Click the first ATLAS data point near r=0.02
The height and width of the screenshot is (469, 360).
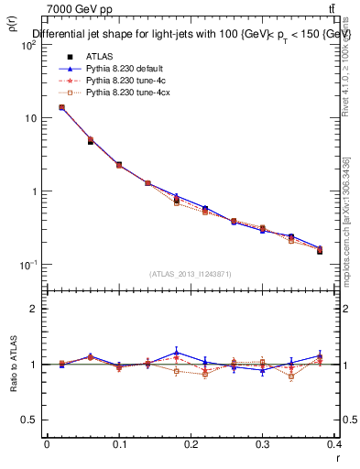pyautogui.click(x=61, y=107)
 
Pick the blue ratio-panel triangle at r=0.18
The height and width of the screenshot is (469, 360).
pyautogui.click(x=176, y=352)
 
